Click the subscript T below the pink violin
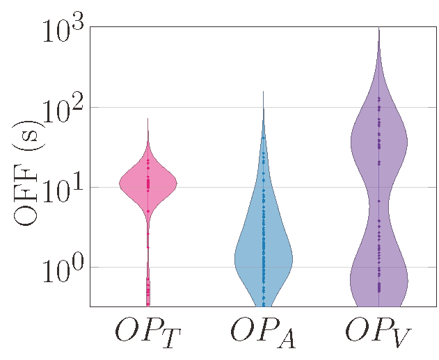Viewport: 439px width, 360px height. pyautogui.click(x=167, y=339)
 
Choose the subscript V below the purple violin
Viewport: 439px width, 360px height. pyautogui.click(x=399, y=339)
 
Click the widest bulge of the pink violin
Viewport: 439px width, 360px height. pyautogui.click(x=148, y=184)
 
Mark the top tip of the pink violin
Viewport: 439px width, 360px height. pyautogui.click(x=148, y=120)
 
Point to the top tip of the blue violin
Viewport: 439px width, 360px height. pyautogui.click(x=263, y=92)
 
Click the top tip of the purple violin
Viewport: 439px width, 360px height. pyautogui.click(x=379, y=29)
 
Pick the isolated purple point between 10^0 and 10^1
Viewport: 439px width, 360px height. pyautogui.click(x=379, y=201)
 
